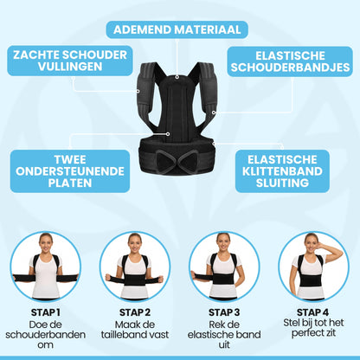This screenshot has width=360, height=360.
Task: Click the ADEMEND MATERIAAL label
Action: [177, 29]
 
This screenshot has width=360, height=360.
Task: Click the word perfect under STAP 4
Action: [312, 334]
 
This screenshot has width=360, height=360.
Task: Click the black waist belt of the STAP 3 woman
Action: [224, 276]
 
